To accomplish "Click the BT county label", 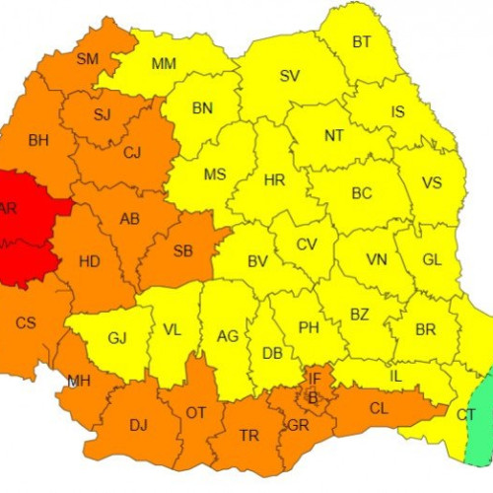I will [362, 41].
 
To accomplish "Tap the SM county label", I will [88, 59].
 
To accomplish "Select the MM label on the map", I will [164, 65].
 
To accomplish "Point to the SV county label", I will [289, 75].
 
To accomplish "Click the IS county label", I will [397, 111].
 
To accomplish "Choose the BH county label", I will [38, 141].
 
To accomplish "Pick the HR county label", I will [274, 180].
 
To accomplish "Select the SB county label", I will [182, 250].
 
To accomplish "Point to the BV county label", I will [257, 261].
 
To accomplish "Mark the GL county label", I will [431, 259].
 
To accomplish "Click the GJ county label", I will [117, 338].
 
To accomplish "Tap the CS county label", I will [26, 321].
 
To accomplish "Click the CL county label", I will [378, 407].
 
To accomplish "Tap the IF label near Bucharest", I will [315, 378].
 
